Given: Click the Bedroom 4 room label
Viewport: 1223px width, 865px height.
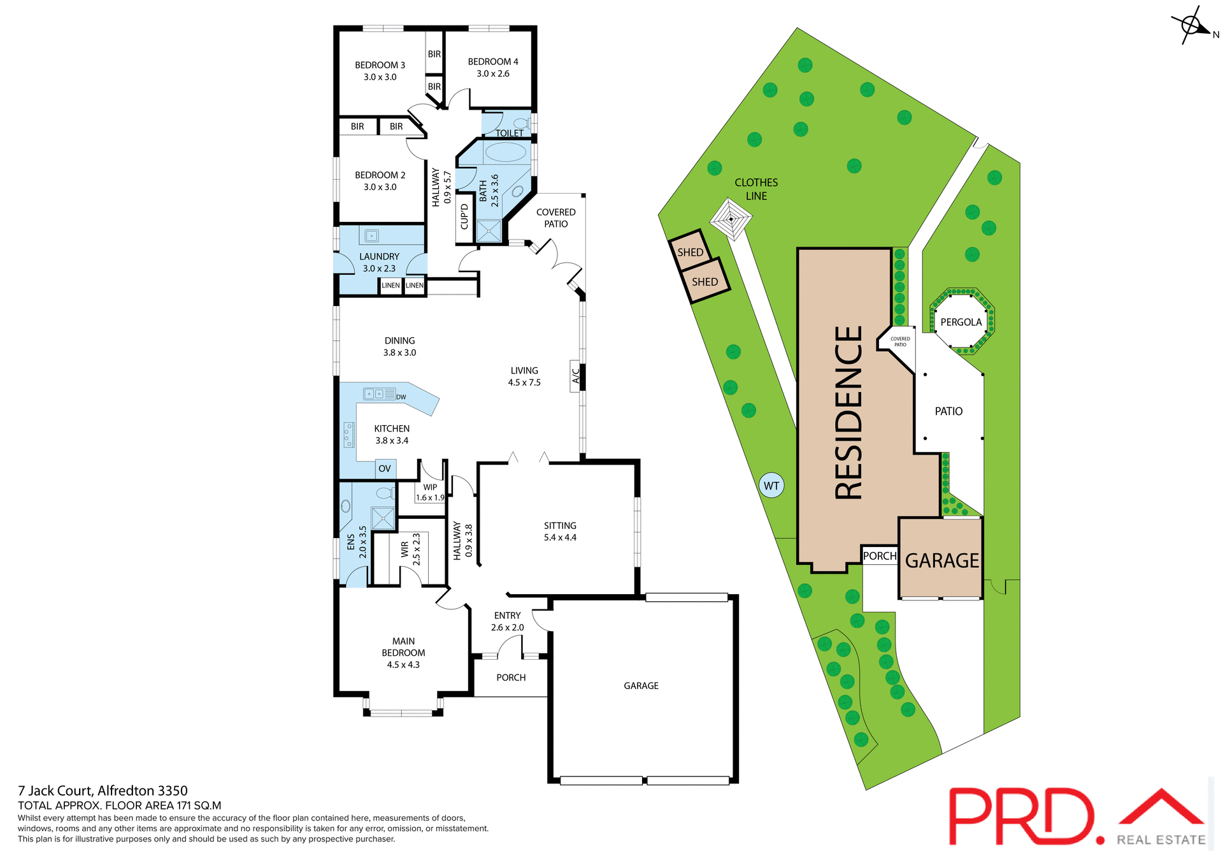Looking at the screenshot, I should [x=492, y=62].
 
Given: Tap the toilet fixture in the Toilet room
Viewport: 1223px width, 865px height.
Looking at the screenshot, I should [x=521, y=123].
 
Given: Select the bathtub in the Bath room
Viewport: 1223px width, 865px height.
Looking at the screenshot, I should [x=505, y=152].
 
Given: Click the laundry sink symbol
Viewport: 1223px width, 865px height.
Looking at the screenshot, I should [x=371, y=236].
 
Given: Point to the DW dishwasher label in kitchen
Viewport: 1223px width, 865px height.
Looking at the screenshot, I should [x=401, y=397].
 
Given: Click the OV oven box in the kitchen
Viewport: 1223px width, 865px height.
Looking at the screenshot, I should [x=385, y=469].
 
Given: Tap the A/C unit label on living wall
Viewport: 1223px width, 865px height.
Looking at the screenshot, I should [x=576, y=376].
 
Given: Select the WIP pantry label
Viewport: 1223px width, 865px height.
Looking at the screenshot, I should [x=430, y=487].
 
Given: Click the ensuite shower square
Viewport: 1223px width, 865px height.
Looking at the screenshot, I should [x=383, y=518].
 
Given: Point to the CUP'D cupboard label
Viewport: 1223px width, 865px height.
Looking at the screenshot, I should [x=464, y=217].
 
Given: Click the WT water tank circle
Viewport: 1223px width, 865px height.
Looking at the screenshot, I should [x=771, y=486].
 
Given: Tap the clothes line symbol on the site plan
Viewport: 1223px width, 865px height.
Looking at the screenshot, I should [x=731, y=219].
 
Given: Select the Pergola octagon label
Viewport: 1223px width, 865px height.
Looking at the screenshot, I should [x=961, y=322].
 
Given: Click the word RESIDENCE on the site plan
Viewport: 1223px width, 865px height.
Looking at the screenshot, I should [x=848, y=412].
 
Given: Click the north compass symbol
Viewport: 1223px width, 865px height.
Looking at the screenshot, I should [x=1191, y=26].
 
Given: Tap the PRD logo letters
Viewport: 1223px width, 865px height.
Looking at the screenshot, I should [x=1022, y=817].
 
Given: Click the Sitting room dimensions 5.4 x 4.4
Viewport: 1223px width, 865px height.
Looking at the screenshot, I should [x=560, y=537].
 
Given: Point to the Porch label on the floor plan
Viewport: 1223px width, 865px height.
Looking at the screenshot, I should [x=511, y=678].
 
